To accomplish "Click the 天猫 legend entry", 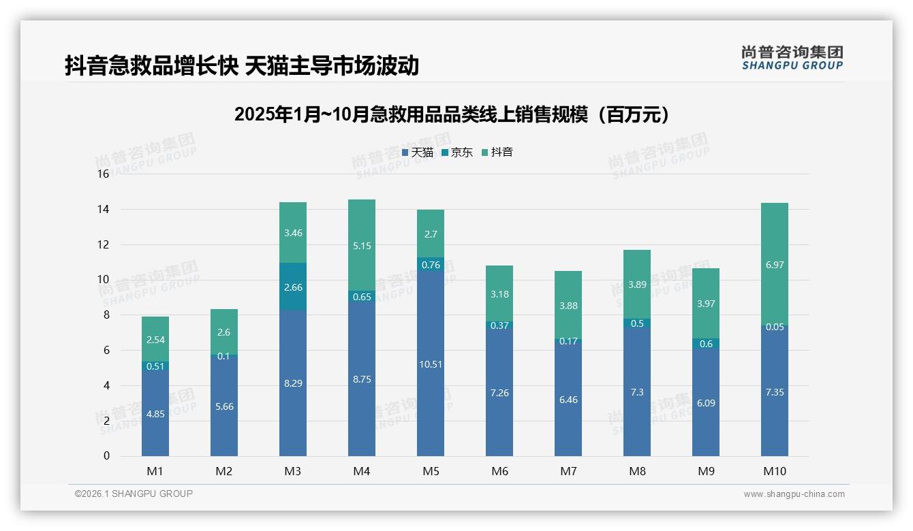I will click(x=417, y=152).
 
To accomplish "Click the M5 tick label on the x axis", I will click(x=431, y=471).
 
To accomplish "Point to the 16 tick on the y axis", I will click(x=103, y=174).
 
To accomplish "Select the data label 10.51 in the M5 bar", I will click(x=431, y=364).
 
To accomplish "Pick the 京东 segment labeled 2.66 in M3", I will click(x=293, y=287).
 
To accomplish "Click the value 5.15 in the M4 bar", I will click(x=362, y=246).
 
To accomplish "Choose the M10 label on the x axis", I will click(x=775, y=471).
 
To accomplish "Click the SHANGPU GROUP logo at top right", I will click(x=792, y=58).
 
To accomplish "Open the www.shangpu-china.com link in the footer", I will click(x=794, y=494).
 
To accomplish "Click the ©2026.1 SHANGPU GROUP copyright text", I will click(x=134, y=494).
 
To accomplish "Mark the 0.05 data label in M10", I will click(x=775, y=327).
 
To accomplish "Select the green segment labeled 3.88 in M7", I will click(x=568, y=306).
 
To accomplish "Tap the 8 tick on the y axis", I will click(x=106, y=315).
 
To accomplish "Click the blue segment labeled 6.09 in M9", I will click(x=706, y=403).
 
